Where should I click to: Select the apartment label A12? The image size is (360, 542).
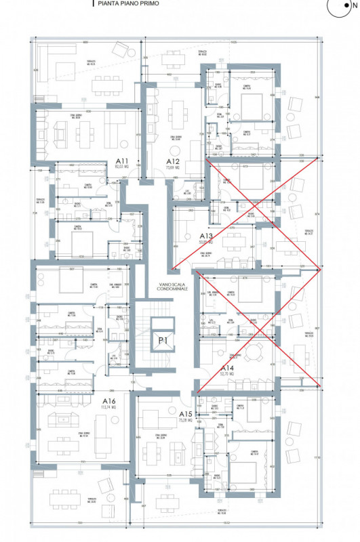pos(174,162)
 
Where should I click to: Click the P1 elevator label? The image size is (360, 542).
pos(163,340)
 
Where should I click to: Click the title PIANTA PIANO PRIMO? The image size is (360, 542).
pos(125,3)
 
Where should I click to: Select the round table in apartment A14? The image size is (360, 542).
pos(254,352)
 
